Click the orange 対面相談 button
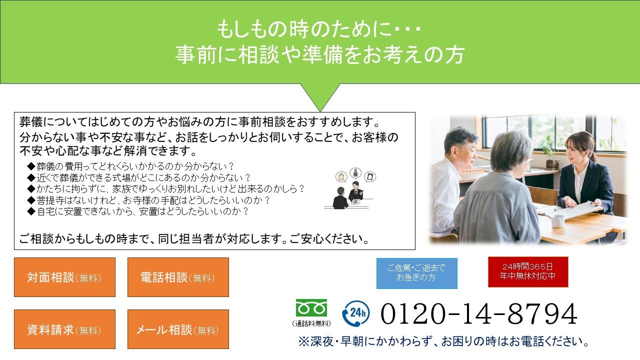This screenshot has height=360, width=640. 64,277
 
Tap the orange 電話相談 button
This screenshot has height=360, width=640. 178,277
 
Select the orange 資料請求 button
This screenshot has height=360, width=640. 64,329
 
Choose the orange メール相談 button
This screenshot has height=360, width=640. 178,329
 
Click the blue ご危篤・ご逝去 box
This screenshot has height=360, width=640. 416,273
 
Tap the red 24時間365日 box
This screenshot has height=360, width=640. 528,271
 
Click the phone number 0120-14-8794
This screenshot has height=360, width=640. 479,313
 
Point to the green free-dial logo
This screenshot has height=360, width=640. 311,308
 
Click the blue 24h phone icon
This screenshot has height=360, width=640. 355,313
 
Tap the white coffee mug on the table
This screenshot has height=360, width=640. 557,221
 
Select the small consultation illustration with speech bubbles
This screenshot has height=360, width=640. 350,188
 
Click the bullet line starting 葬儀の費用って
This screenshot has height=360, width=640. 130,166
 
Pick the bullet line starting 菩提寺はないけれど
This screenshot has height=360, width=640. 148,200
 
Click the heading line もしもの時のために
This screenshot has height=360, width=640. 319,29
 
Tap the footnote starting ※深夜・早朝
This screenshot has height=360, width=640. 443,341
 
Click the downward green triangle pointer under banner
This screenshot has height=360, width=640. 320,95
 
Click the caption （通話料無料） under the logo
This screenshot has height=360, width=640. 311,323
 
